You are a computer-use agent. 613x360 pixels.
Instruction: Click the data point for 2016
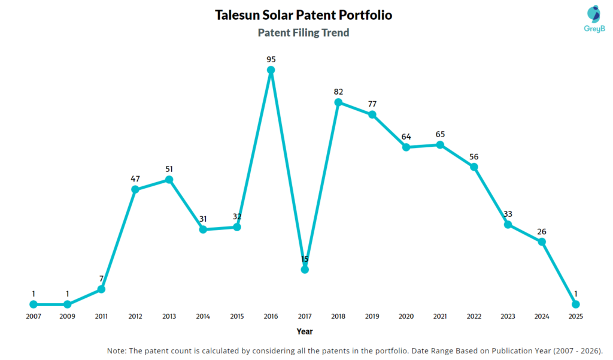271,70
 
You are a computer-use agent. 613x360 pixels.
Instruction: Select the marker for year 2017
305,270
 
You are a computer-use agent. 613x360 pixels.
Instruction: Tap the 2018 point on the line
338,102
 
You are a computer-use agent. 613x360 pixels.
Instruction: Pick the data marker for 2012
135,189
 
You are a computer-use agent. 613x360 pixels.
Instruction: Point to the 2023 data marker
508,225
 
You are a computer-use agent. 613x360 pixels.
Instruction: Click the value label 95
271,59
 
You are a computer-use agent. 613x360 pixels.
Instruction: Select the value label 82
338,92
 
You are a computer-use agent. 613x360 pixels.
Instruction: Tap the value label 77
372,104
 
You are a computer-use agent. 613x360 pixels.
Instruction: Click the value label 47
135,179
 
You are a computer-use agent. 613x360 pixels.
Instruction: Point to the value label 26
542,231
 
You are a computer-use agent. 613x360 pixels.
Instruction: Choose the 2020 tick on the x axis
406,316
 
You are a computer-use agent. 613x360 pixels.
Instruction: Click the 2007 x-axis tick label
34,316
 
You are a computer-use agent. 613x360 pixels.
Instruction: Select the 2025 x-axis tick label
576,316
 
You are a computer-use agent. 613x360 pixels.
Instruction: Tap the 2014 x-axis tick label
203,316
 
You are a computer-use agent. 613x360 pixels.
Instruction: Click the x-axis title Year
304,331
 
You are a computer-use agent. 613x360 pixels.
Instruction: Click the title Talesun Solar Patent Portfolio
304,15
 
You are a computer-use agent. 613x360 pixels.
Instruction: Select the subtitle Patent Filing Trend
304,33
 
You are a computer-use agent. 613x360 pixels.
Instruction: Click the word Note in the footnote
117,350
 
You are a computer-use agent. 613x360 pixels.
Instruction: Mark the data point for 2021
440,145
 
